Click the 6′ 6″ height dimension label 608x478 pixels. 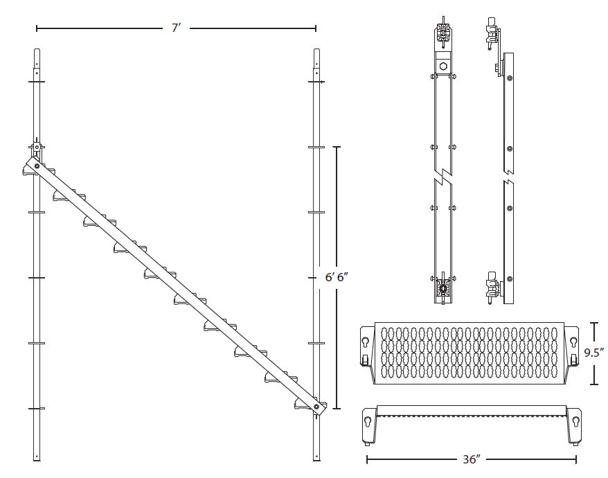tap(337, 277)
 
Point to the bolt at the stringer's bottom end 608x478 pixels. tap(316, 407)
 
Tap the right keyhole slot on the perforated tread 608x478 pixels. tap(574, 340)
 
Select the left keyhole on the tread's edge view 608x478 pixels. tap(368, 420)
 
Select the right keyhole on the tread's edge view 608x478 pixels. tap(574, 420)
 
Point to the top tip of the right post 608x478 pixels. tap(316, 50)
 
